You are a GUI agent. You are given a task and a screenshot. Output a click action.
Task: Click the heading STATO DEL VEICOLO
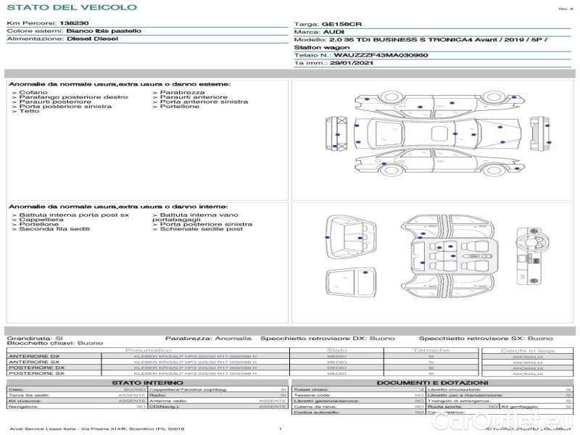pos(71,7)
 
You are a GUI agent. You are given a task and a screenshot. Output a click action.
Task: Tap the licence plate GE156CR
pos(341,24)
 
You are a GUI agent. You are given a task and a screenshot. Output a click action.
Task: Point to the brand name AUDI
pos(334,32)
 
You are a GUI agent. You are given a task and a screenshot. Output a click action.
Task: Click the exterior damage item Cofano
pos(33,93)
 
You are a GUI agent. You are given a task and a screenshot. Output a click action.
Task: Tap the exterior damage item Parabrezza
pos(182,93)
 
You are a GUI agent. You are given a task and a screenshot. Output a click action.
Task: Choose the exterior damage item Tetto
pos(29,111)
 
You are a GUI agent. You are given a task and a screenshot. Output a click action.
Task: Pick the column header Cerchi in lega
pos(527,349)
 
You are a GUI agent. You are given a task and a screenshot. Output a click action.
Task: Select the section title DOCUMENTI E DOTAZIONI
pos(432,382)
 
